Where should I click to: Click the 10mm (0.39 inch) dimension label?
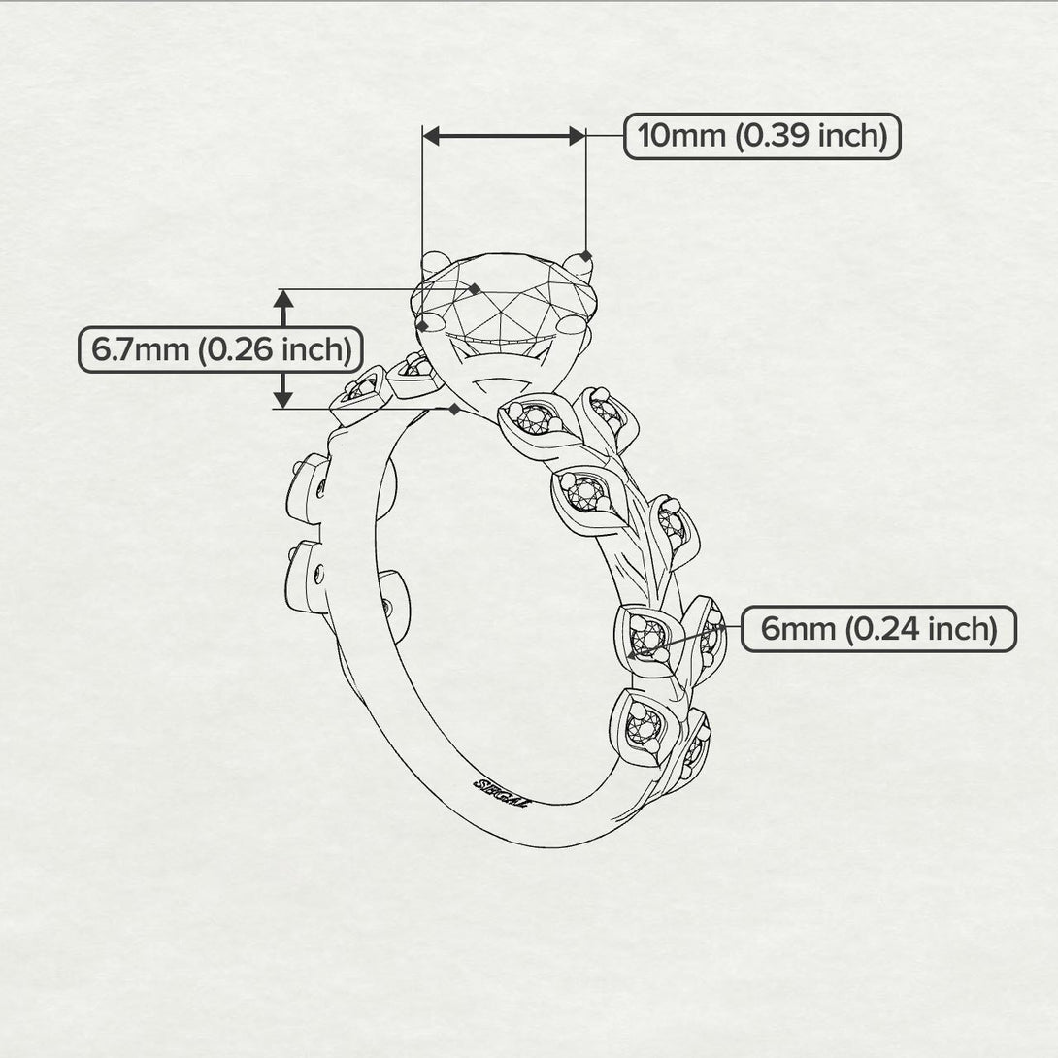click(762, 136)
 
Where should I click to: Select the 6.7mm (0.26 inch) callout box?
click(220, 348)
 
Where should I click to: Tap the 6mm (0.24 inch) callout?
click(878, 629)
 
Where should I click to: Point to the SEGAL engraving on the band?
click(501, 791)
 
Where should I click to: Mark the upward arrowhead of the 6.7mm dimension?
click(282, 299)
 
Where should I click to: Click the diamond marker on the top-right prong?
click(585, 256)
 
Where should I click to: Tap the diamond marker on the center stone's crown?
click(475, 288)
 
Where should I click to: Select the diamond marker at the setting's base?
click(454, 409)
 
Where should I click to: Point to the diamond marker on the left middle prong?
click(420, 324)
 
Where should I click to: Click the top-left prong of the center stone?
click(436, 260)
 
